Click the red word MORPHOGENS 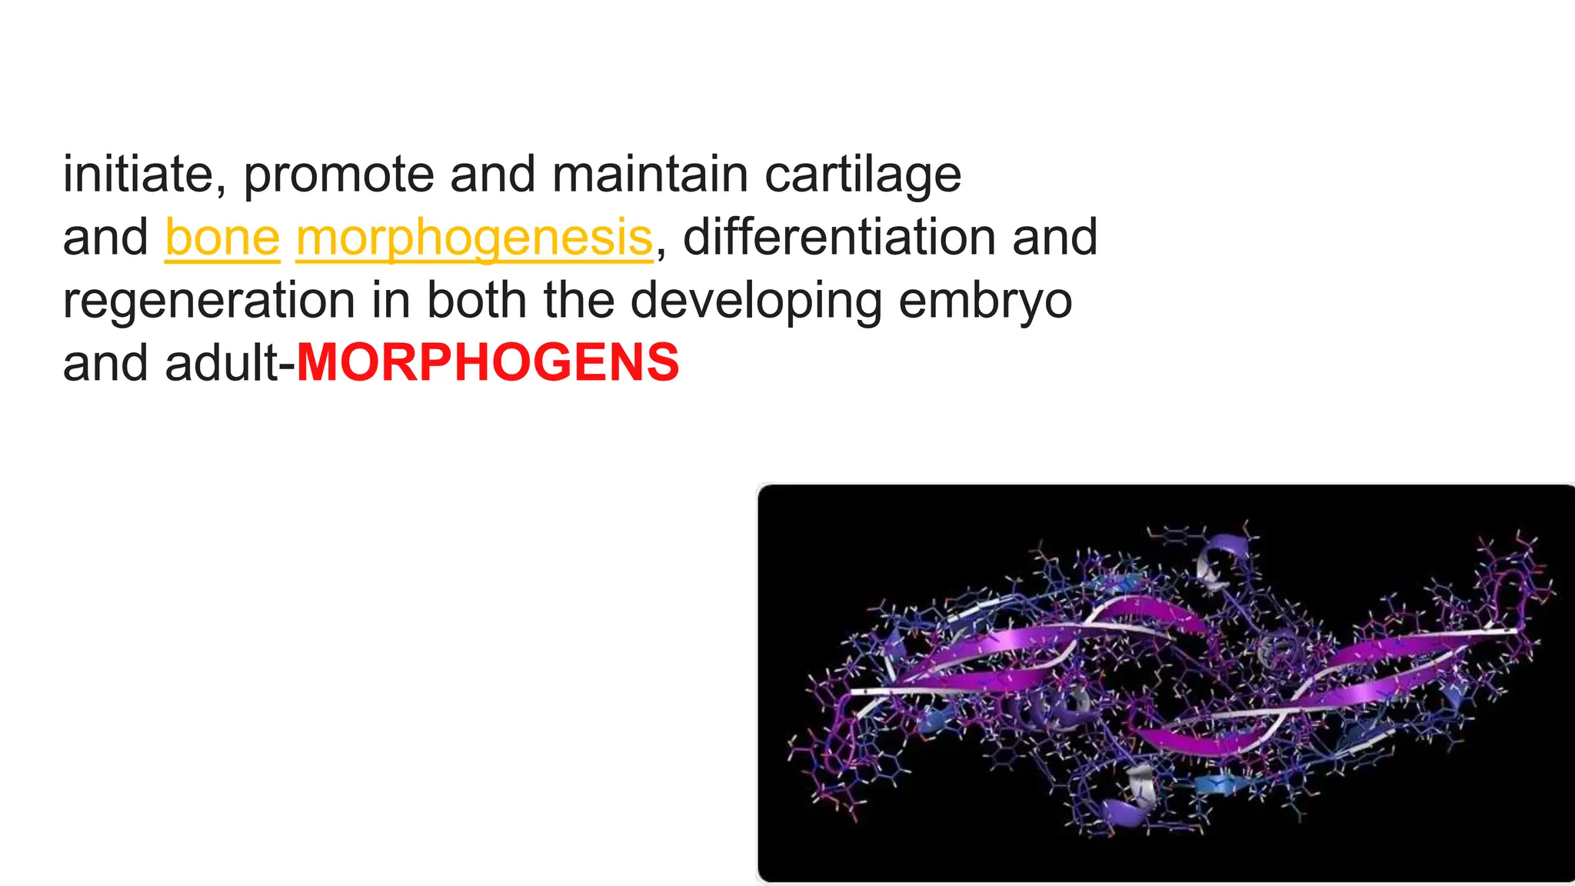(488, 362)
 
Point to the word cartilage (862, 175)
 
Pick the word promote (338, 175)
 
